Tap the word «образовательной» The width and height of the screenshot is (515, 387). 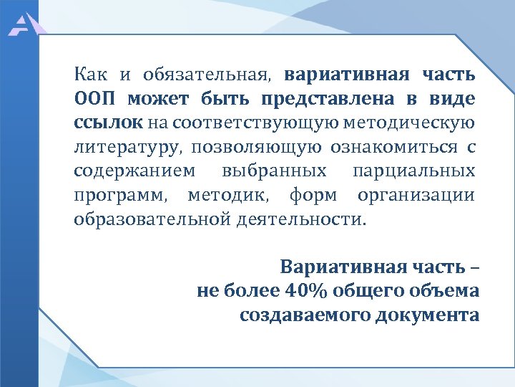[x=151, y=219]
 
